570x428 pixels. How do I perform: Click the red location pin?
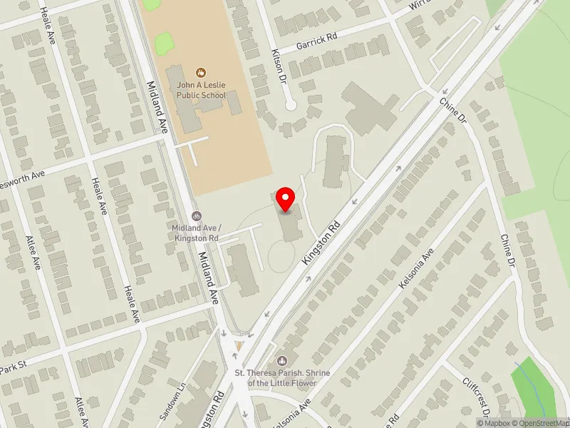click(x=286, y=199)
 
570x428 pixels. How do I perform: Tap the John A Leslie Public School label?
click(x=201, y=90)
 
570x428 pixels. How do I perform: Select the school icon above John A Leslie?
click(x=201, y=71)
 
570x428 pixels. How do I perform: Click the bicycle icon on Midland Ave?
click(x=196, y=216)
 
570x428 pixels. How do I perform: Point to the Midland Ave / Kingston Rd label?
click(x=195, y=232)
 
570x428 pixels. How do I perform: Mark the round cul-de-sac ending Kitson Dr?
click(x=290, y=105)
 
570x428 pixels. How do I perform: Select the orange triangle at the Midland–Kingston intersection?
click(x=239, y=346)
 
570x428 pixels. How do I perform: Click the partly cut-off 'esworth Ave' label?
click(x=22, y=173)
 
